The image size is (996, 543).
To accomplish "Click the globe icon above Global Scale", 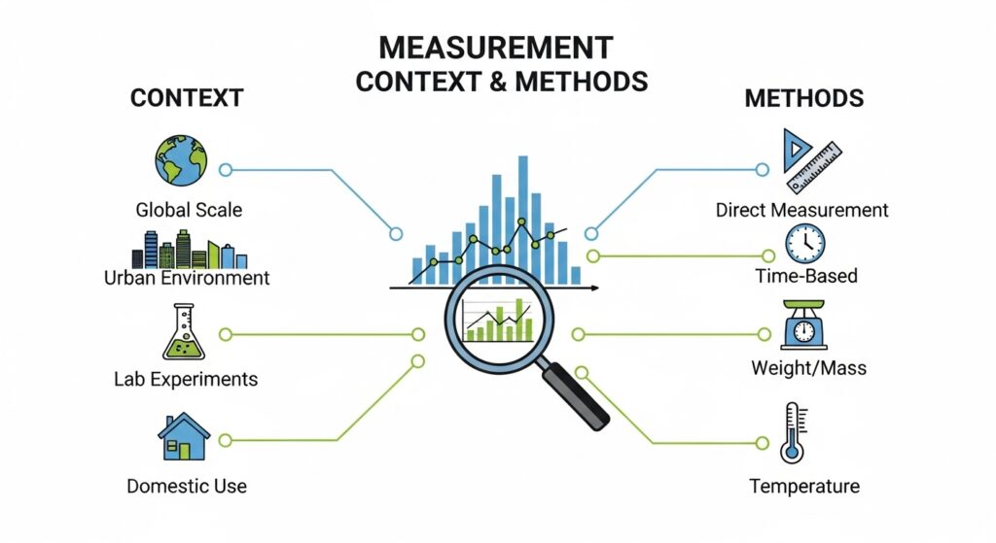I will coord(181,160).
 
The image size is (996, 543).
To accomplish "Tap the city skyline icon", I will coord(189,250).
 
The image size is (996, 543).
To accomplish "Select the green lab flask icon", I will coord(181,332).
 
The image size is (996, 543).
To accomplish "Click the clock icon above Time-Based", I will coord(805,243).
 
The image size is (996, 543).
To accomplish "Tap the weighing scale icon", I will coord(804,325).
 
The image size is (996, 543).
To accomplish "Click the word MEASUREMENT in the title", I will coord(496,48).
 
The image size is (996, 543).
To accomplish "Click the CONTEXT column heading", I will coord(186,98).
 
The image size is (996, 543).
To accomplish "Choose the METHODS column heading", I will coord(803,98).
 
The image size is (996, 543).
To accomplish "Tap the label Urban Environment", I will coord(187,278).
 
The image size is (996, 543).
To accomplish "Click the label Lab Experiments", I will coord(186,379).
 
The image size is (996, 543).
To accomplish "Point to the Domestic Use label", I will coord(187,486).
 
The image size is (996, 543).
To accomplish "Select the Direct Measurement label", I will coord(801,210).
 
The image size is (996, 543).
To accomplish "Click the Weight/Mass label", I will coord(808,369).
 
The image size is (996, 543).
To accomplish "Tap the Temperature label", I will coord(804,486).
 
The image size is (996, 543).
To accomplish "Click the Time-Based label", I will coord(806,276).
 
